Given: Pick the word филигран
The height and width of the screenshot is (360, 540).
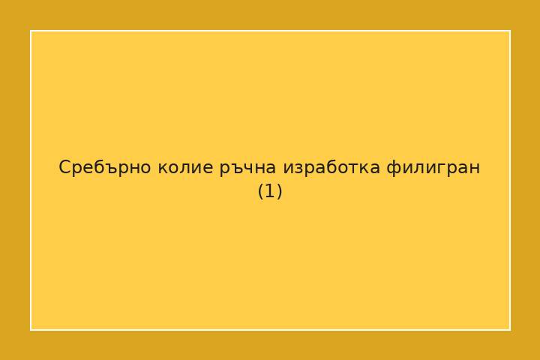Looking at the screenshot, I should (x=433, y=167).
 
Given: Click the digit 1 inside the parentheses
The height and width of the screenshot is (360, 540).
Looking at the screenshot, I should (x=270, y=191).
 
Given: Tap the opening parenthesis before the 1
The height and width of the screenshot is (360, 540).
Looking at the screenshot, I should (x=261, y=191).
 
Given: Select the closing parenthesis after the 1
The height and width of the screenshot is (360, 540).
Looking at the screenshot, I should (x=279, y=191).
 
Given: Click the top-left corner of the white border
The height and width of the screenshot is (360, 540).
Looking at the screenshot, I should (x=31, y=31).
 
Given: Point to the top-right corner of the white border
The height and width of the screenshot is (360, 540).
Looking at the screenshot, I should (x=510, y=31).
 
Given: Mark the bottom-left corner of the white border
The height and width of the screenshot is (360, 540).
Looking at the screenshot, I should (x=31, y=329).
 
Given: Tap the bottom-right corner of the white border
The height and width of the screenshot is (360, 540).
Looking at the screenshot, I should (x=510, y=329).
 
